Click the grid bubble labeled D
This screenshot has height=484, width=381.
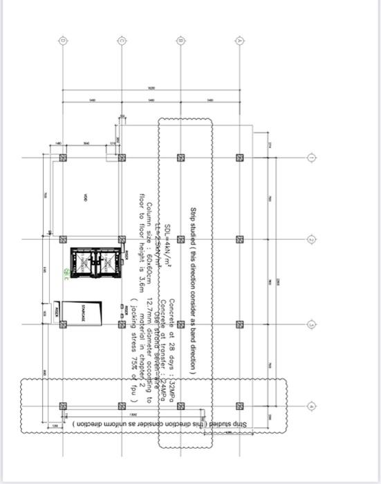coord(63,40)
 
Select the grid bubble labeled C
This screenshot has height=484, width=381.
coord(122,40)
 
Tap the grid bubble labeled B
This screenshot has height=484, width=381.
coord(180,40)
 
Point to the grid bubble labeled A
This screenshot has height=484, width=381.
coord(239,40)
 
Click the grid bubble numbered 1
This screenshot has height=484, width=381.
coord(310,157)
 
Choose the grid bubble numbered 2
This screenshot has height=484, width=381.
coord(310,240)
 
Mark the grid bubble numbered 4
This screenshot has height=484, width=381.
coord(310,406)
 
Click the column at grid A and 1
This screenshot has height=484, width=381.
coord(239,157)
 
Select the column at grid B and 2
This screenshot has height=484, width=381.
coord(180,240)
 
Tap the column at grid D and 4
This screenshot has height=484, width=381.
coord(63,406)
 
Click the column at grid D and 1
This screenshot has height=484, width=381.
coord(63,157)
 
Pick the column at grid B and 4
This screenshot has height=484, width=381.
coord(180,406)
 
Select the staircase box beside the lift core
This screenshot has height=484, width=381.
coord(82,313)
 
